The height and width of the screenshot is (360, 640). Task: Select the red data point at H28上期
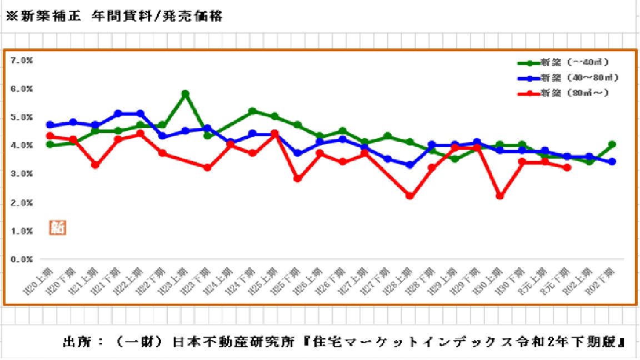[x=410, y=196]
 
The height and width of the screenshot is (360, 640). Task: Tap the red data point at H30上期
[x=500, y=196]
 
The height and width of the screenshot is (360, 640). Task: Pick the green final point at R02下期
[x=612, y=144]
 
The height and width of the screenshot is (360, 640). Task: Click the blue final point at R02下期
[x=612, y=162]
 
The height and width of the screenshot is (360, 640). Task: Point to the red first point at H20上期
[x=50, y=136]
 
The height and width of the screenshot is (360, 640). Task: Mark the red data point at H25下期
[x=298, y=179]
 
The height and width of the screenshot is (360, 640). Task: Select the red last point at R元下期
[x=567, y=167]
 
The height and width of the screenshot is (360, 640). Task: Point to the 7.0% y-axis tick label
[x=22, y=60]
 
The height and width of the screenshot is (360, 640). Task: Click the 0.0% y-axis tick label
[x=22, y=259]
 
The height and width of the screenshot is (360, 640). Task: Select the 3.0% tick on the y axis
[x=22, y=174]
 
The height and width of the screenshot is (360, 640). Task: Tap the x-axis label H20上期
[x=40, y=281]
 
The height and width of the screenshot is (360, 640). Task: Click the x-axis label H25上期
[x=265, y=281]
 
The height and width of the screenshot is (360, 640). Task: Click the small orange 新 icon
[x=57, y=227]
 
